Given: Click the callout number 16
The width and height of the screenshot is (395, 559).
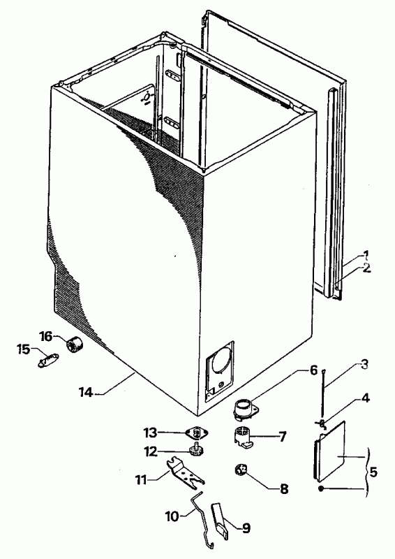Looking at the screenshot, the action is point(46,336).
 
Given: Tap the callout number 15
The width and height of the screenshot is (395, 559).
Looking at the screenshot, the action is point(23,350).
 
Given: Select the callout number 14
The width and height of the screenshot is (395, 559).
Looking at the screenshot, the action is point(86,393).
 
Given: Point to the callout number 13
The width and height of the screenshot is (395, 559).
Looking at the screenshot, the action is point(150,433).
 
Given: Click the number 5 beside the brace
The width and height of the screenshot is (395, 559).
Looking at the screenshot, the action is point(373,472).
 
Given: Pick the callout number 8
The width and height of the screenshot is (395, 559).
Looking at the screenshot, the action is point(284,489).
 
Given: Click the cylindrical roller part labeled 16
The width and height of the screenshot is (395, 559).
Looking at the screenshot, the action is point(75,344).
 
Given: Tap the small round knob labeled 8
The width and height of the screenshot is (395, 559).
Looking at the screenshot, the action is point(240,470).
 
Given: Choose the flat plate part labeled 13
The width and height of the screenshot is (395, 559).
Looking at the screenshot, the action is point(195,434).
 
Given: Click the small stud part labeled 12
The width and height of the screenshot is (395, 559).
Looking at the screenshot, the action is point(195,450).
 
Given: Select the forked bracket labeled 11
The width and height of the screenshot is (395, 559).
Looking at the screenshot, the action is point(185,471).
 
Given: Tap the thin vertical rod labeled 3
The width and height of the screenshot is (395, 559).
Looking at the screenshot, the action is point(323,391).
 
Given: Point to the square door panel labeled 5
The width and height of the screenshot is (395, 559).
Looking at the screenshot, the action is point(329,450).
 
